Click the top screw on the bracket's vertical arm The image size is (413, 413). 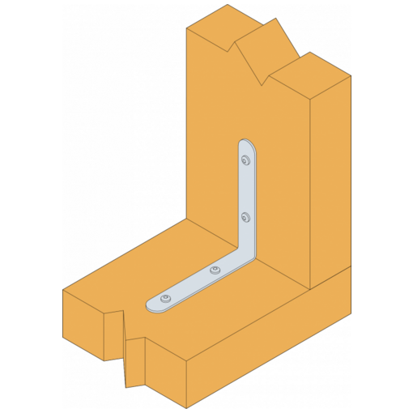pyautogui.click(x=245, y=159)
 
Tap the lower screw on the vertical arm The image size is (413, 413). pyautogui.click(x=245, y=216)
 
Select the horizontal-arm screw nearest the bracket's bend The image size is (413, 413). pyautogui.click(x=214, y=270)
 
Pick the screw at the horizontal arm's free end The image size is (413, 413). pyautogui.click(x=165, y=299)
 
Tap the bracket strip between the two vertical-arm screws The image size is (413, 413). pyautogui.click(x=246, y=188)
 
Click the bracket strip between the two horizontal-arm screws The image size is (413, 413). pyautogui.click(x=189, y=284)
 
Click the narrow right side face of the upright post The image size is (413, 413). pyautogui.click(x=330, y=178)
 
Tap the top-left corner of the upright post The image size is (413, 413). pyautogui.click(x=187, y=28)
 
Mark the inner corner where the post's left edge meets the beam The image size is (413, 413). pyautogui.click(x=187, y=219)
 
